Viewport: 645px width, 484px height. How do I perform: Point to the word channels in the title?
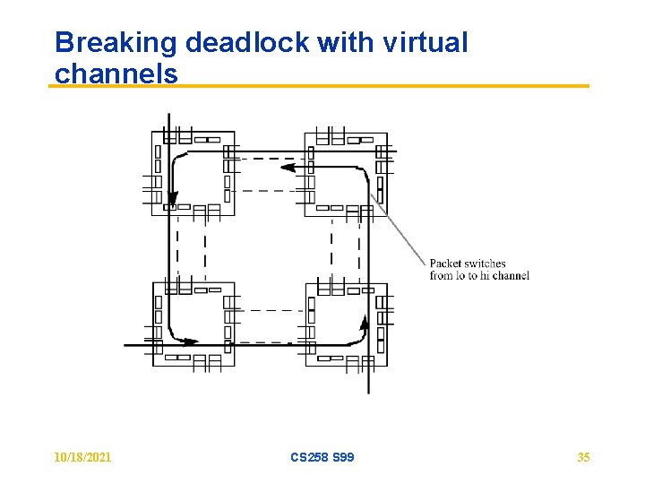click(116, 73)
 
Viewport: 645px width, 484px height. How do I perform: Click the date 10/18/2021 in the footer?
click(82, 457)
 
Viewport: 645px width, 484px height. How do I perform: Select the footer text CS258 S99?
click(322, 457)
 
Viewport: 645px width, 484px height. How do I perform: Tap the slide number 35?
click(583, 457)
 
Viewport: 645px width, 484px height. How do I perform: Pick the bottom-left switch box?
click(193, 324)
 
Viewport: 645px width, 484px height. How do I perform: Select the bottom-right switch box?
click(346, 324)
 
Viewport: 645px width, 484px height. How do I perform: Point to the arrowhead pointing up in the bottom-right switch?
click(364, 322)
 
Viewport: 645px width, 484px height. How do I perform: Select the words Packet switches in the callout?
click(468, 264)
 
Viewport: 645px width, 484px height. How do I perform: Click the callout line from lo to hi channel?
click(479, 276)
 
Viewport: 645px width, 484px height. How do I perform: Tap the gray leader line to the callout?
click(399, 229)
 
